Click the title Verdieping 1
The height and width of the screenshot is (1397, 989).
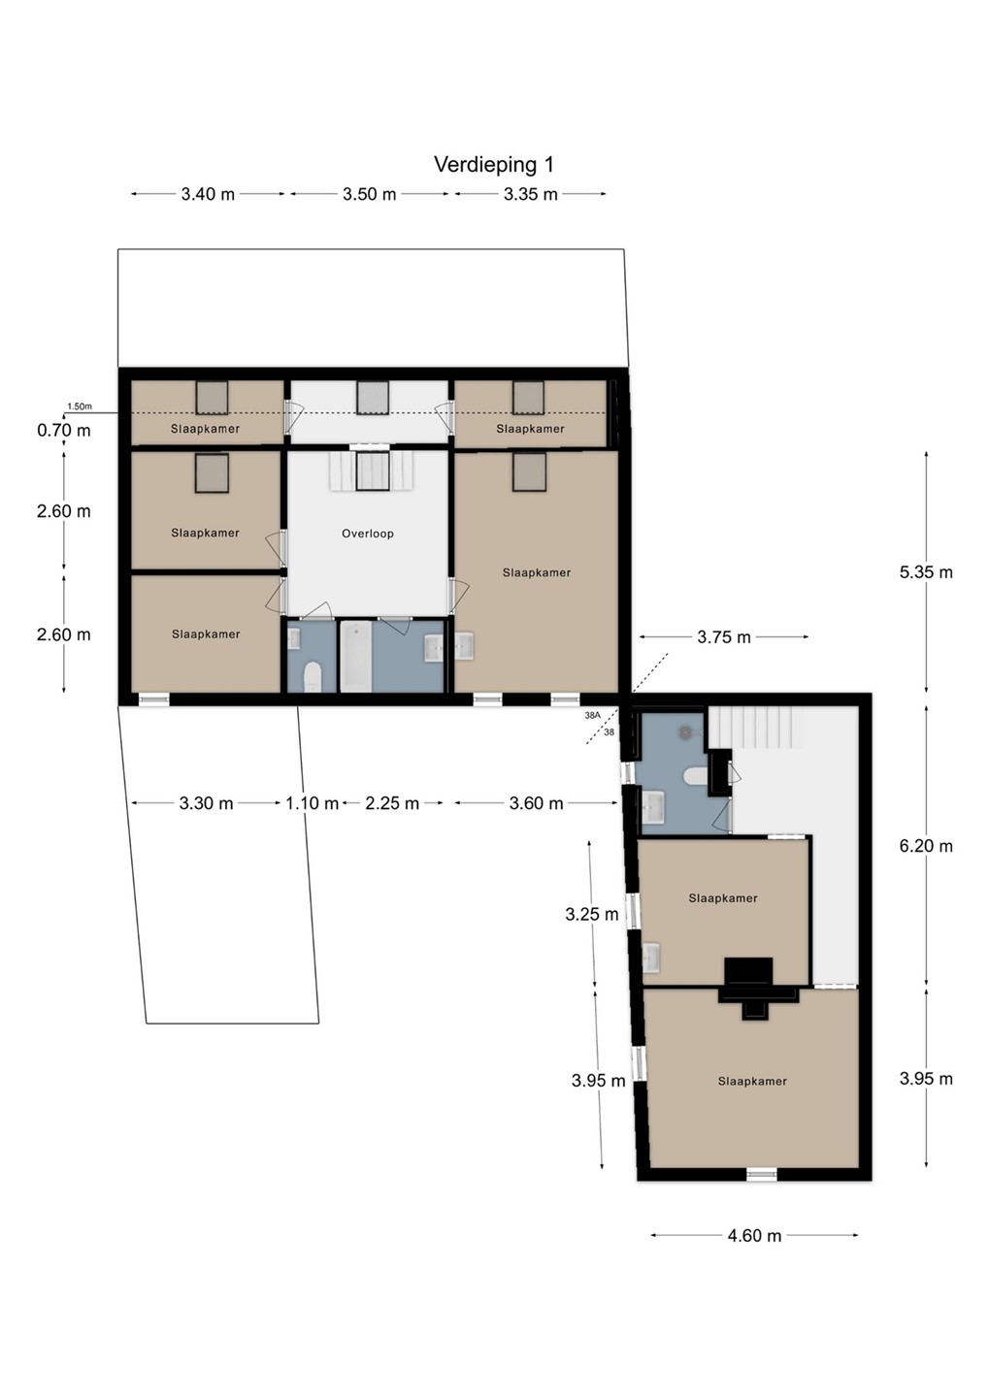494,165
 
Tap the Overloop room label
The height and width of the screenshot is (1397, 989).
368,534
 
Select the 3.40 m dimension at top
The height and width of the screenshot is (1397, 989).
208,195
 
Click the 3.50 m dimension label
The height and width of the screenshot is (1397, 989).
370,195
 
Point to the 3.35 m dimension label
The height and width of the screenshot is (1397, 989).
530,195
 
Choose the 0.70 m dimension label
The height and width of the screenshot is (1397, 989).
64,431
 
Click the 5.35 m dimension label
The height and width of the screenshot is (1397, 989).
926,572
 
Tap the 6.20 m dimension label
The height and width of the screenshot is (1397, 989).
926,846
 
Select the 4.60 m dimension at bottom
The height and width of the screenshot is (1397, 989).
754,1236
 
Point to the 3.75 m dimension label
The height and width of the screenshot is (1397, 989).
724,637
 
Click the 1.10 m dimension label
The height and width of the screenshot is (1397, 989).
312,803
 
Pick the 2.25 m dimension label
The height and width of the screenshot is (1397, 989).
392,803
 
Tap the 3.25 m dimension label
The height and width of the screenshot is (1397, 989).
591,914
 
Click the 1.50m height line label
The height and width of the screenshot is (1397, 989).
80,406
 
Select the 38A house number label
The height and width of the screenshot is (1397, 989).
592,716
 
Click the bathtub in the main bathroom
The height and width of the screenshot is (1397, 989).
355,656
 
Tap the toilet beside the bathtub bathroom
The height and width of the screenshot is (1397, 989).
312,677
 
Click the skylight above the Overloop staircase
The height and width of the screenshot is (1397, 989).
372,471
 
